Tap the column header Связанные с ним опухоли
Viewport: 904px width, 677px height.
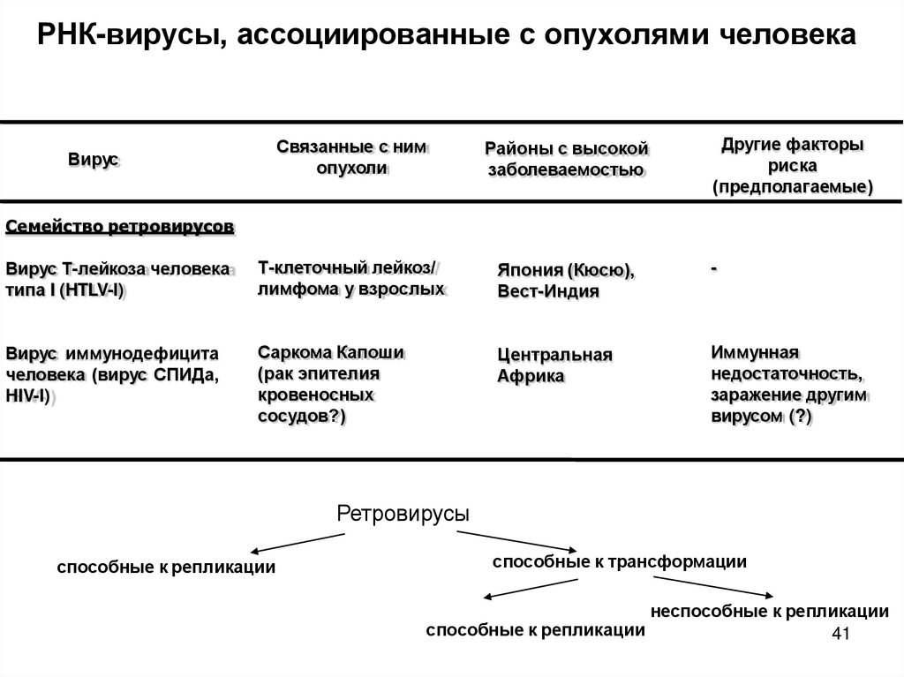coord(351,158)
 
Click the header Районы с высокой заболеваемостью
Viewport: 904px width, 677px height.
coord(567,159)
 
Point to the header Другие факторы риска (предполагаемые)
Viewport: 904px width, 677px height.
coord(792,165)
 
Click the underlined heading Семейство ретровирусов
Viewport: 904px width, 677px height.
coord(120,227)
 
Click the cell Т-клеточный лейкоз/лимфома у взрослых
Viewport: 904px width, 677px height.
coord(351,278)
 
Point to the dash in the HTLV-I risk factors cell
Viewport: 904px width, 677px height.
coord(712,266)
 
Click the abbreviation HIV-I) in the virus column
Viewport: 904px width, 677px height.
coord(29,397)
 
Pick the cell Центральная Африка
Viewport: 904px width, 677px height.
coord(554,365)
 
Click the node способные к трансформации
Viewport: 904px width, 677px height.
coord(619,561)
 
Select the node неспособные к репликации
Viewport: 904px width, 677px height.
coord(769,611)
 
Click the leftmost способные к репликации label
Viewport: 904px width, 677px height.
coord(166,568)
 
